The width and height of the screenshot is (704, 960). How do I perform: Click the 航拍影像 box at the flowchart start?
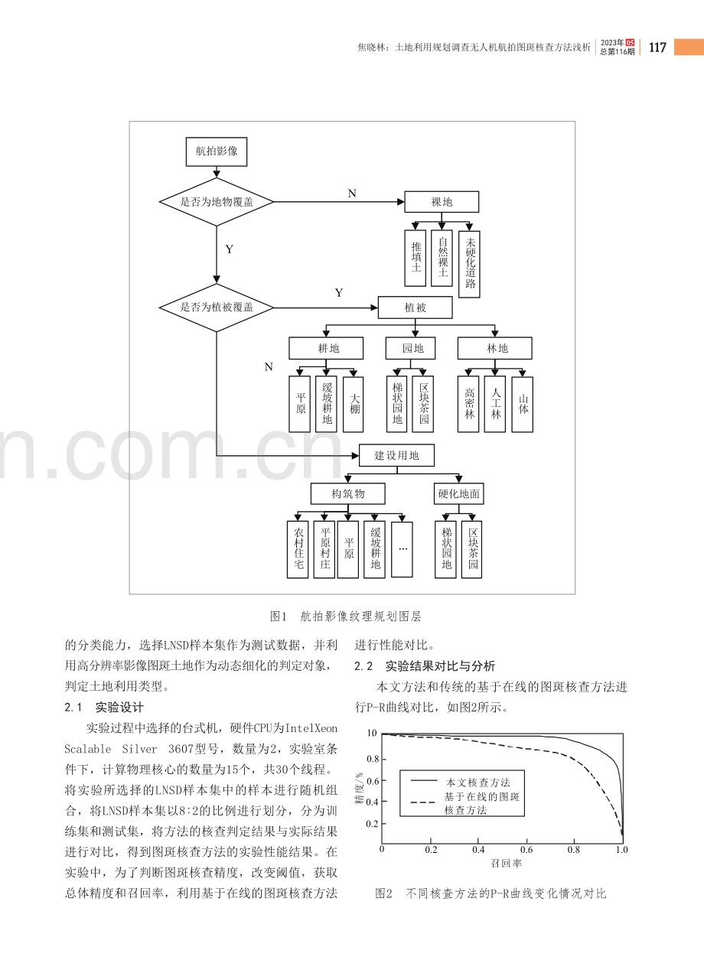(x=216, y=151)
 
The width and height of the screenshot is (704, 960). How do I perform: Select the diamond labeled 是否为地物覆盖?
(x=216, y=202)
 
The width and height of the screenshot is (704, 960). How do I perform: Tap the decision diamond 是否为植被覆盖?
(x=216, y=308)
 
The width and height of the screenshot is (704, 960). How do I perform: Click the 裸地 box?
(x=442, y=202)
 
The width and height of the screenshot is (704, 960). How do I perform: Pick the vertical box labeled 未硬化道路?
(x=469, y=264)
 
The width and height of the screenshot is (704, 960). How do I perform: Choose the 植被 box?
(x=415, y=308)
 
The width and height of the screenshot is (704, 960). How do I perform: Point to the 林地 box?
(x=495, y=348)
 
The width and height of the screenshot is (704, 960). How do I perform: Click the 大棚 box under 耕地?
(x=354, y=404)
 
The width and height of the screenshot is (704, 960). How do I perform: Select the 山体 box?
(x=522, y=404)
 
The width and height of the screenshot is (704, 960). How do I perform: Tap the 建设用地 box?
(x=396, y=455)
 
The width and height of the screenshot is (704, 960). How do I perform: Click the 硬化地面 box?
(x=458, y=493)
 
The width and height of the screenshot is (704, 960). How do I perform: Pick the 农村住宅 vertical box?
(x=298, y=549)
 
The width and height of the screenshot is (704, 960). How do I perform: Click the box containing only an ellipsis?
(x=403, y=549)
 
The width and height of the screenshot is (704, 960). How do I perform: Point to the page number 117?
(x=657, y=47)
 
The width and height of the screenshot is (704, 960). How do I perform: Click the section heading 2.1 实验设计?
(x=104, y=707)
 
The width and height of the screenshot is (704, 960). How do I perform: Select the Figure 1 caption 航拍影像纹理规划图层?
(x=360, y=617)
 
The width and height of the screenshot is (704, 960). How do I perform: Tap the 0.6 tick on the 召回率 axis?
(x=526, y=849)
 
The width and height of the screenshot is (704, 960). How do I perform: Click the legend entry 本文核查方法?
(x=478, y=783)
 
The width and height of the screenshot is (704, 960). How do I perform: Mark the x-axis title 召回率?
(x=507, y=863)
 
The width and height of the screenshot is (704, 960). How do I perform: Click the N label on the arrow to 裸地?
(x=352, y=194)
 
